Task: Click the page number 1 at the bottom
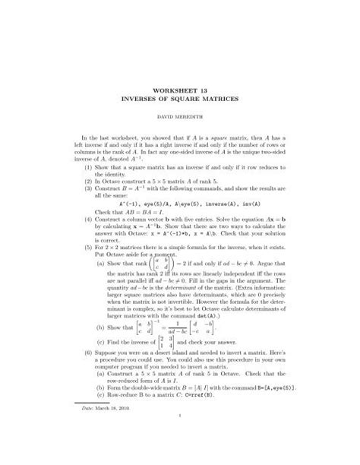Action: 180,456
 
